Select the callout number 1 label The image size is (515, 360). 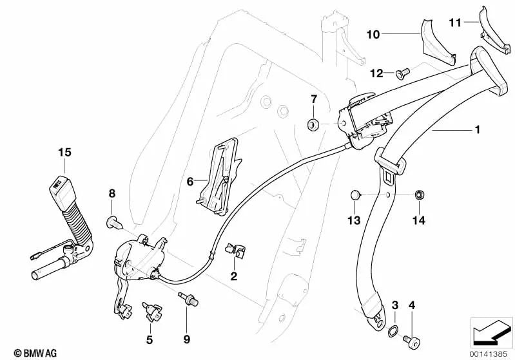pos(478,130)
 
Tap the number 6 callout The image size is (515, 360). pos(190,182)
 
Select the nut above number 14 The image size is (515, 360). pos(418,194)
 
